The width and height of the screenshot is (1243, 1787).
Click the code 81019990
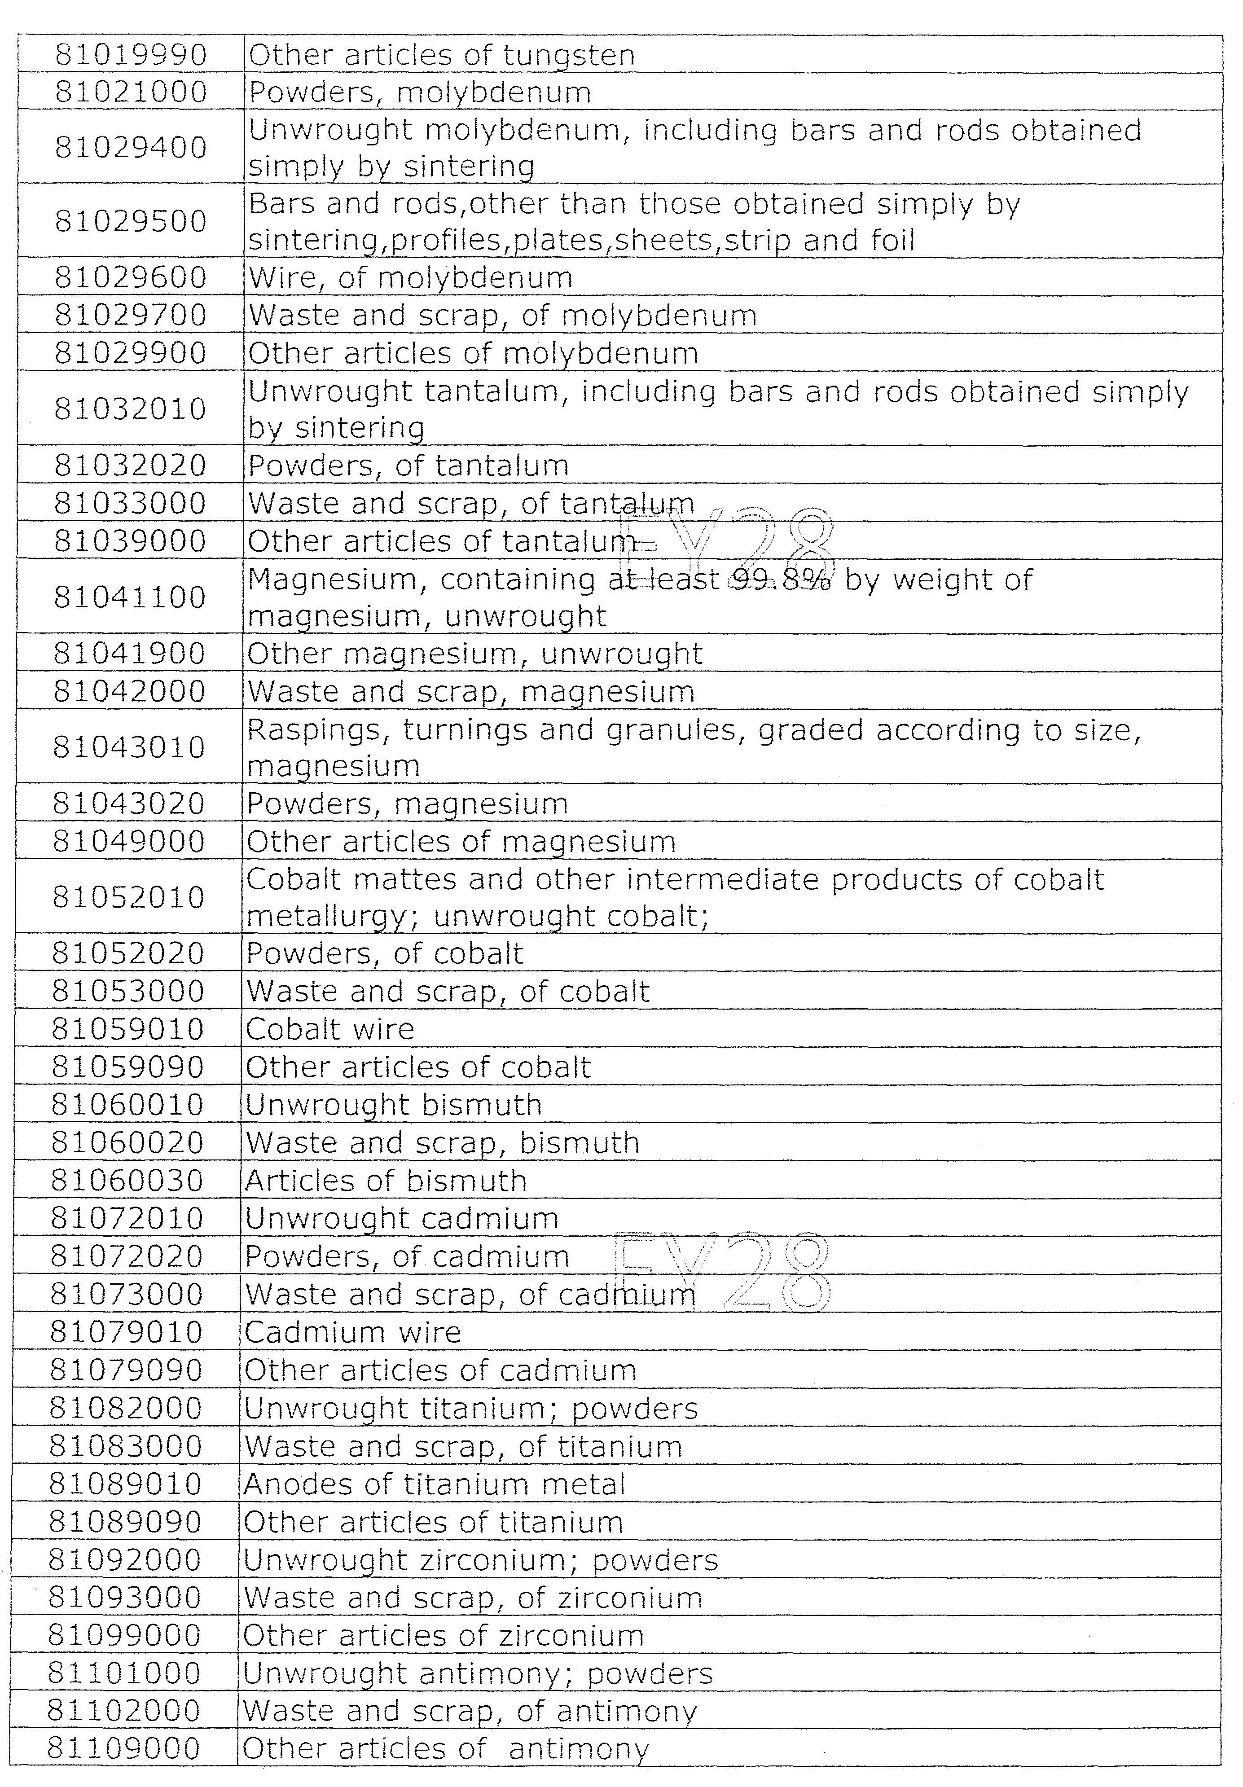[131, 54]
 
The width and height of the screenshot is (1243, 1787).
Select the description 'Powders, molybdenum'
[420, 92]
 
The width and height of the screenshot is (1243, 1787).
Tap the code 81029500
[131, 221]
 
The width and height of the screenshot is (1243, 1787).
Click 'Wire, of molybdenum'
[410, 277]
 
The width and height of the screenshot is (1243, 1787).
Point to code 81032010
[130, 408]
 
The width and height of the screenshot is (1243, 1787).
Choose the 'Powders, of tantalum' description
[408, 465]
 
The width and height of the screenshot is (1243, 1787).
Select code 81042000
[129, 691]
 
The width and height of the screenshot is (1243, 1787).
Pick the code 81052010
[128, 896]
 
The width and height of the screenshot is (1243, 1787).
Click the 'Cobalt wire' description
[330, 1029]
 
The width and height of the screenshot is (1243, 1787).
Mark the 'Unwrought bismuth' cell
[393, 1104]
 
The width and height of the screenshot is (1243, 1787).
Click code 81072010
[127, 1218]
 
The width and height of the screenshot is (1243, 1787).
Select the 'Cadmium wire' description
[352, 1332]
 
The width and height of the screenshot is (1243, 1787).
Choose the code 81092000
[125, 1560]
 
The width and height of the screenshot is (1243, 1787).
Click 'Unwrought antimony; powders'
[478, 1673]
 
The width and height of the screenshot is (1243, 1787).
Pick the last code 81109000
[124, 1749]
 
